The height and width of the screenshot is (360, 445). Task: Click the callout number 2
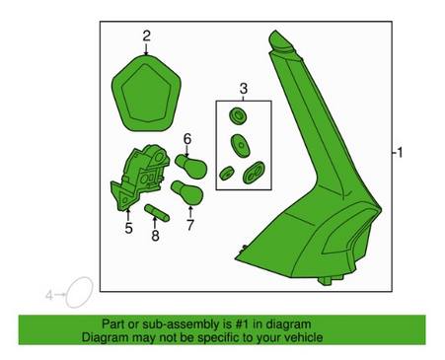click(146, 36)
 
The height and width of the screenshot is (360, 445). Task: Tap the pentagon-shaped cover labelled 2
click(146, 94)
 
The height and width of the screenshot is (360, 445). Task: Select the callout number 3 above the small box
click(244, 89)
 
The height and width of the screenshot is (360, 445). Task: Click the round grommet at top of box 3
click(238, 115)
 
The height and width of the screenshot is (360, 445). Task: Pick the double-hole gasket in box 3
click(255, 173)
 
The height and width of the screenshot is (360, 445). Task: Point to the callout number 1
click(400, 153)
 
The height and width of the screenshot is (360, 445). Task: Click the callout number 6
click(187, 139)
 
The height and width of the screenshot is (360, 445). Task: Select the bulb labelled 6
click(190, 167)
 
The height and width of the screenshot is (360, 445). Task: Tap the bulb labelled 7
click(186, 192)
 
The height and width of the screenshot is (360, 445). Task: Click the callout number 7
click(190, 225)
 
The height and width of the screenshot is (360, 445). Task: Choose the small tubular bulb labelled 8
click(157, 213)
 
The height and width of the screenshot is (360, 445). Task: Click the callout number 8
click(155, 236)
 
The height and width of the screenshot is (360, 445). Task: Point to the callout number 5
click(128, 228)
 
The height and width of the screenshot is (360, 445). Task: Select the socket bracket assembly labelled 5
click(140, 178)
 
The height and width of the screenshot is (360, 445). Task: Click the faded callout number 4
click(49, 295)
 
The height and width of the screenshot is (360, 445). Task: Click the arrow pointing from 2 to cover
click(146, 48)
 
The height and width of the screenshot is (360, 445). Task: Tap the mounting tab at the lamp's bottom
click(330, 280)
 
